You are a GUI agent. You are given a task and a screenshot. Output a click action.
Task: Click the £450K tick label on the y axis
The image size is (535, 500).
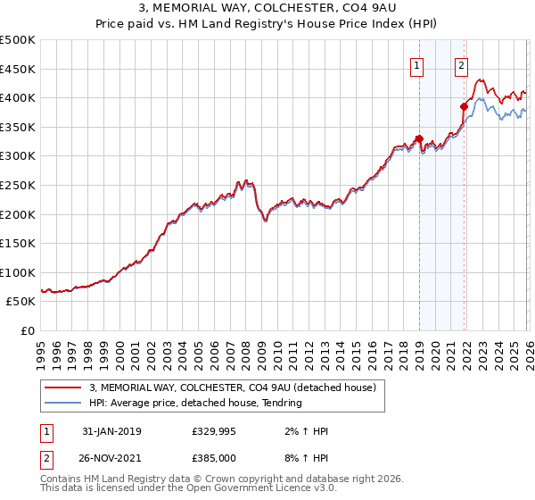click(x=18, y=69)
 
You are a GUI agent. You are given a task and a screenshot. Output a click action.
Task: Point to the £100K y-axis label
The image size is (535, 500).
click(x=18, y=272)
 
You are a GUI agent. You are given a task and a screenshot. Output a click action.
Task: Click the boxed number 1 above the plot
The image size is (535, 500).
click(x=417, y=64)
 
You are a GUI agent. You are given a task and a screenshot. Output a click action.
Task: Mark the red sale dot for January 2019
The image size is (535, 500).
click(x=419, y=138)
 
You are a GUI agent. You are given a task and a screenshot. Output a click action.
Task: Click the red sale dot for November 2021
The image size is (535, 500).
click(x=464, y=106)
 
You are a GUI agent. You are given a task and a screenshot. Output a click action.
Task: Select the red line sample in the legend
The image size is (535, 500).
click(x=63, y=387)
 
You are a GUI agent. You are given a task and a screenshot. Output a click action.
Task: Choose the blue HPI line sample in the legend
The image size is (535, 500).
click(x=63, y=403)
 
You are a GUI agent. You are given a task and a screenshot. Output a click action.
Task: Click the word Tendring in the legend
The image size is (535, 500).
click(x=279, y=403)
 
